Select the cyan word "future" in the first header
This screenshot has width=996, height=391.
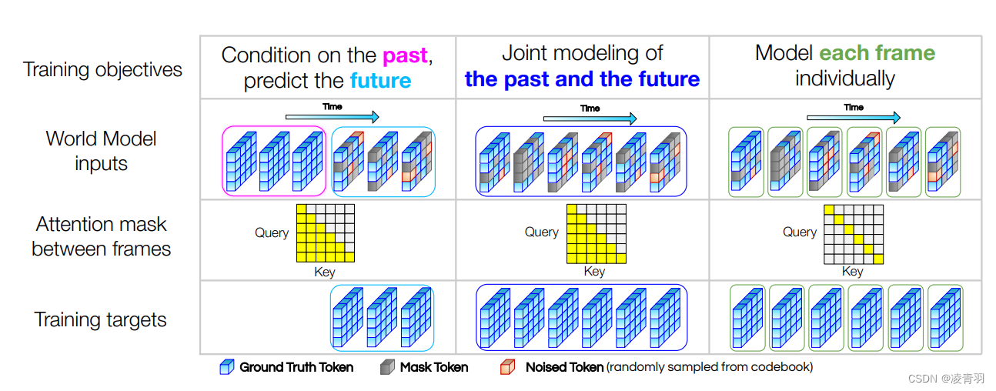click(380, 81)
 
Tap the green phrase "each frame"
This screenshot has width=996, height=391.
click(877, 53)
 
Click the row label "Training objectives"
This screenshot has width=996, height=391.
click(102, 70)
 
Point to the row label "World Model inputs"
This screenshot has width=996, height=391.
click(101, 151)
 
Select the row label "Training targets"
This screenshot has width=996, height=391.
click(100, 320)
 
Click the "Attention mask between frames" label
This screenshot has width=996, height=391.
click(101, 236)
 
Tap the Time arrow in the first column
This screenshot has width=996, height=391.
click(332, 117)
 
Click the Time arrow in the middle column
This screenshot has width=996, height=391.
click(590, 119)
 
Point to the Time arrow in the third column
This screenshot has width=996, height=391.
click(853, 118)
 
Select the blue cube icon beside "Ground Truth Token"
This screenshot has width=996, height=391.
click(226, 368)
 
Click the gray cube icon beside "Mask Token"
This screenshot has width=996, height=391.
click(386, 368)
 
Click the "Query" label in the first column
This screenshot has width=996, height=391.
click(272, 232)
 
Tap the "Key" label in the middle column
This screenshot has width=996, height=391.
click(594, 271)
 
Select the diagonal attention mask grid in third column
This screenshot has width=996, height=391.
click(854, 234)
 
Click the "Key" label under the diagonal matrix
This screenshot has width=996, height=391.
click(852, 271)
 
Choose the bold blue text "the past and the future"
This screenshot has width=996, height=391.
click(582, 79)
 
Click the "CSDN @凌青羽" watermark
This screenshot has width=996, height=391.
click(946, 379)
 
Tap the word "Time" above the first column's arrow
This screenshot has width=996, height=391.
click(333, 106)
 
